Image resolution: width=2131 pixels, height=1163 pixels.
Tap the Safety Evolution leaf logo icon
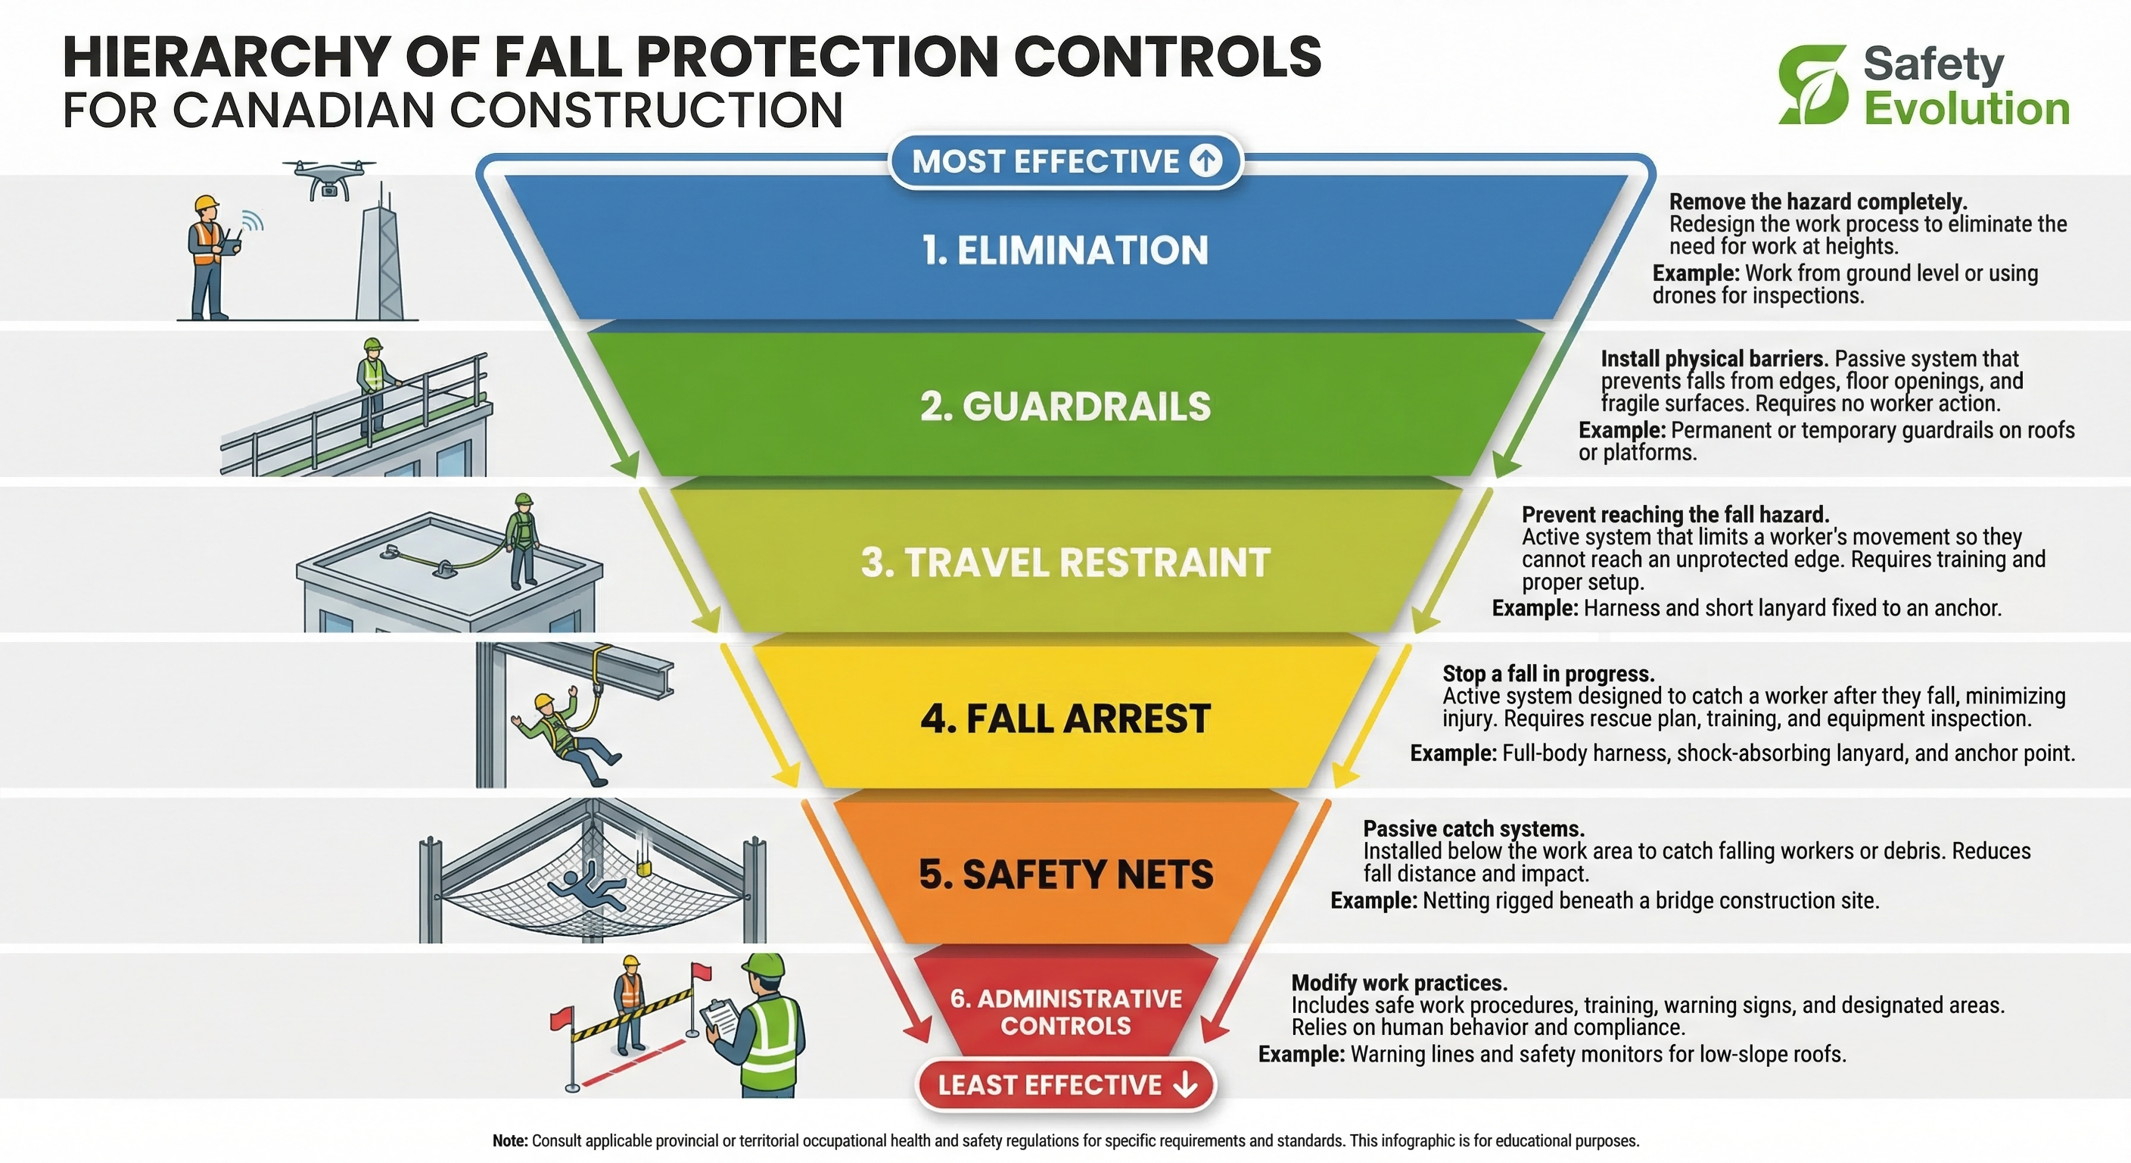tap(1812, 85)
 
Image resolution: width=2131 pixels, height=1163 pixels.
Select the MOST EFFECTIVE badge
tap(1065, 161)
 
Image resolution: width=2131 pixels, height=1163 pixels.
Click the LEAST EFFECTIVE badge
tap(1066, 1084)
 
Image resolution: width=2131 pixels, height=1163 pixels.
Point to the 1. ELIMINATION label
tap(1065, 250)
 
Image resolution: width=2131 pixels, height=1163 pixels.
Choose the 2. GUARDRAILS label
tap(1065, 407)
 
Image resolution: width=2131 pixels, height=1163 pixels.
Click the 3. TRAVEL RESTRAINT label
tap(1065, 563)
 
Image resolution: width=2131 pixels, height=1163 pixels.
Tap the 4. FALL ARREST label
tap(1065, 719)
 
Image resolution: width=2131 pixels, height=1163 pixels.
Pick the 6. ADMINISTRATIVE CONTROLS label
tap(1065, 1012)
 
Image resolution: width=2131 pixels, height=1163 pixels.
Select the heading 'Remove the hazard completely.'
tap(1818, 202)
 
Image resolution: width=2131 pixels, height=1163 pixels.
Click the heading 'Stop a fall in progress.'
tap(1548, 674)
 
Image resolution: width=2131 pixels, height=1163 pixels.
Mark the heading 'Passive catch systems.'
tap(1474, 828)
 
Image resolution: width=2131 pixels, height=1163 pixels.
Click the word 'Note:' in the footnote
tap(509, 1140)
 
